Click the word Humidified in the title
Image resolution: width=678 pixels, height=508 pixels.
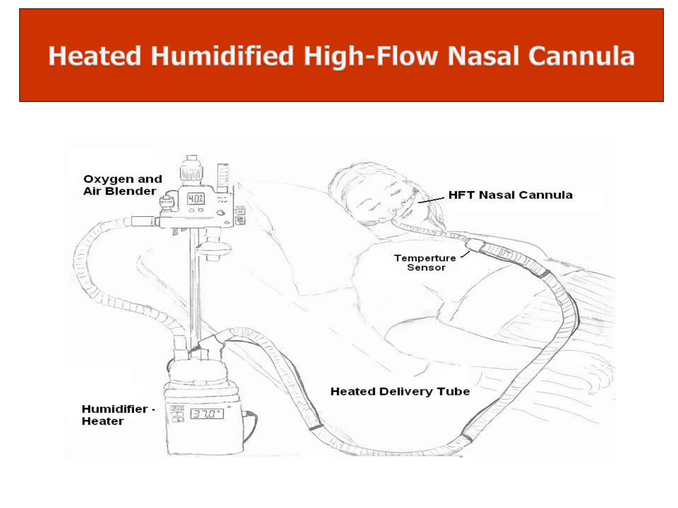pos(222,56)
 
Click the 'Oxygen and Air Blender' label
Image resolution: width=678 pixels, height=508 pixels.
pos(122,185)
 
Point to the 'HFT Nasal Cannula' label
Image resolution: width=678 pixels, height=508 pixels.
pos(510,195)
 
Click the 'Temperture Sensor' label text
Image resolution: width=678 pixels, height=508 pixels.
pos(425,263)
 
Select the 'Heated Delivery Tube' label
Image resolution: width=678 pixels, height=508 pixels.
pos(400,392)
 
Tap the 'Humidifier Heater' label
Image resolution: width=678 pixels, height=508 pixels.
pos(114,415)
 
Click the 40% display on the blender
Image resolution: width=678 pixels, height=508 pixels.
pos(196,199)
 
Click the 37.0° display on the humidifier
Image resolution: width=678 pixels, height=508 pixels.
pos(207,414)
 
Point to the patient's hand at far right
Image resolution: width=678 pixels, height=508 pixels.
pos(596,374)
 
